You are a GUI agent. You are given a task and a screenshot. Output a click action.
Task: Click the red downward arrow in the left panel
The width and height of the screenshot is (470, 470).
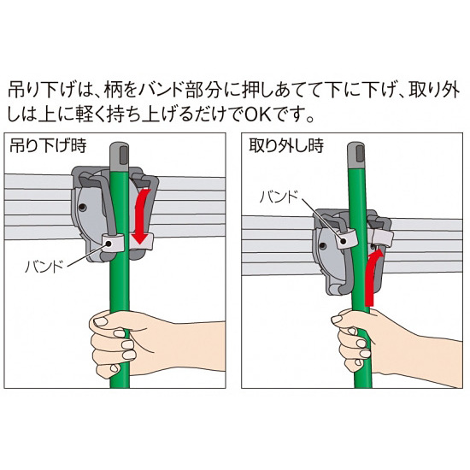click(141, 216)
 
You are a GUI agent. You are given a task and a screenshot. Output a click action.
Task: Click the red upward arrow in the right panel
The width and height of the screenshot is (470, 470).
click(372, 279)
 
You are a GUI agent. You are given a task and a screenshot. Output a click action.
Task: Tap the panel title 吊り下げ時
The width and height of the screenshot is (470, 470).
click(48, 145)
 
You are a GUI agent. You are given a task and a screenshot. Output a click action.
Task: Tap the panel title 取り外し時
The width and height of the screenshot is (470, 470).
click(286, 145)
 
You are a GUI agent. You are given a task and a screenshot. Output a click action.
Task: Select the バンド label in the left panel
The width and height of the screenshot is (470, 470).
click(44, 266)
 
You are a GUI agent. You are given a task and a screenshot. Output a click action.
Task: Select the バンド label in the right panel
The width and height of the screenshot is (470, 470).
click(279, 197)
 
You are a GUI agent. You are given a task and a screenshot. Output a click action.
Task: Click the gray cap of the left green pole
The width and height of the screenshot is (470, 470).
click(120, 155)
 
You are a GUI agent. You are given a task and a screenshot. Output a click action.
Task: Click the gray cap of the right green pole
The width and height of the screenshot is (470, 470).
click(355, 156)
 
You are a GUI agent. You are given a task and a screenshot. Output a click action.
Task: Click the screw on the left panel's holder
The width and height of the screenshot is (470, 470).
click(82, 207)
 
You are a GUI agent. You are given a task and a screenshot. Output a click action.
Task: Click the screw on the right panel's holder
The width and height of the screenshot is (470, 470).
click(323, 246)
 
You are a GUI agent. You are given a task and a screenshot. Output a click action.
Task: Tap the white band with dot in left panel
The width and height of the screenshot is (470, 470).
click(113, 244)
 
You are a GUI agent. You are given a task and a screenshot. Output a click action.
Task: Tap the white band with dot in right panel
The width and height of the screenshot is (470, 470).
click(344, 239)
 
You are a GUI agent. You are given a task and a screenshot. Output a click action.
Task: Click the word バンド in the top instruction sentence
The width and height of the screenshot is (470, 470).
click(162, 90)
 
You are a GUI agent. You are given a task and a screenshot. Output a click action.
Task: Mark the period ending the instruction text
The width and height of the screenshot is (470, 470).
click(310, 119)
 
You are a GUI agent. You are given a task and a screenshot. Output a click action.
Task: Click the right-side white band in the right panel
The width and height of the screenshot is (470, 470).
click(382, 238)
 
